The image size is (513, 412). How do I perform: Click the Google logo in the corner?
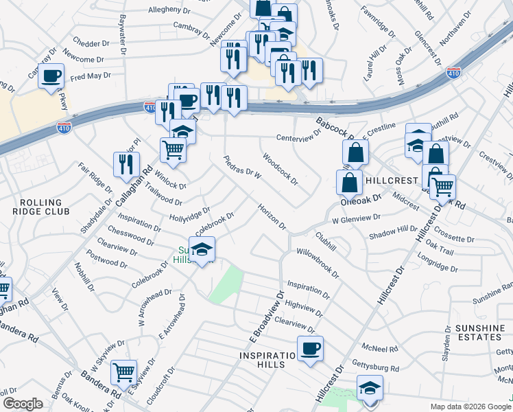pyautogui.click(x=23, y=404)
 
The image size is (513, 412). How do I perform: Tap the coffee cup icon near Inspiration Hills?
pyautogui.click(x=309, y=348)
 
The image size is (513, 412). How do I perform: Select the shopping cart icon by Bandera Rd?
pyautogui.click(x=123, y=372)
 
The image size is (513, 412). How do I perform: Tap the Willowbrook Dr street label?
pyautogui.click(x=318, y=262)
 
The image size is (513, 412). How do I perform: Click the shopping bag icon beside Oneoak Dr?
pyautogui.click(x=350, y=183)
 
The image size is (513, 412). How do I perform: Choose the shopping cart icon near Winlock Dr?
pyautogui.click(x=173, y=149)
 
